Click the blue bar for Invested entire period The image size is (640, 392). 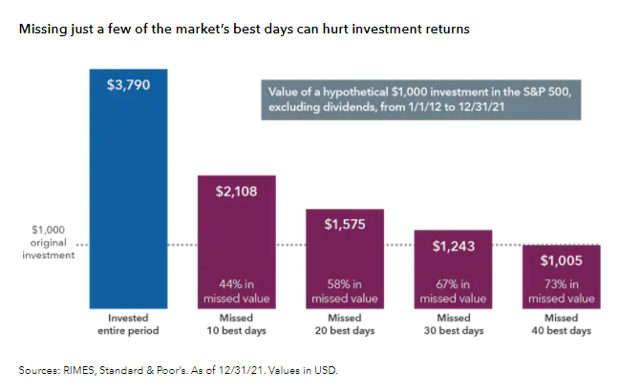point(128,191)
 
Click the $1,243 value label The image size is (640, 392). point(453,246)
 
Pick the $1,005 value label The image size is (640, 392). point(561,260)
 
